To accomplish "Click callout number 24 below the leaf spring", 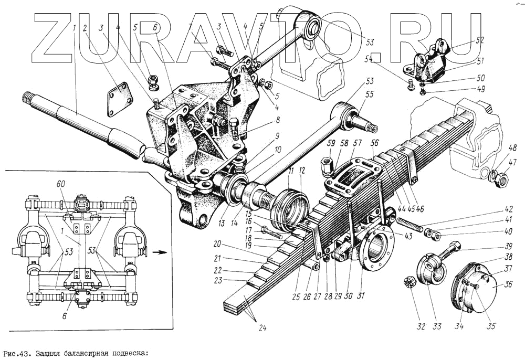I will point(262,329).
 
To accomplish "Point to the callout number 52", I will point(479,39).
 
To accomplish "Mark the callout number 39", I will point(493,247).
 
